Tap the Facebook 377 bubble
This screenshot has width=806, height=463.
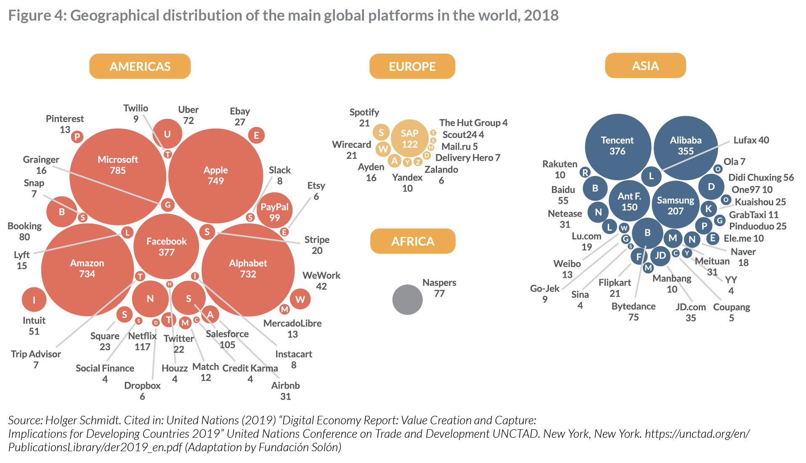pyautogui.click(x=166, y=247)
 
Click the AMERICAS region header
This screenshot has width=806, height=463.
pyautogui.click(x=140, y=67)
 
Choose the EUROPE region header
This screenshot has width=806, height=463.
pyautogui.click(x=412, y=67)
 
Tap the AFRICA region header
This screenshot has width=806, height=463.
pyautogui.click(x=413, y=241)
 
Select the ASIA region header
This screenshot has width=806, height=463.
pyautogui.click(x=645, y=66)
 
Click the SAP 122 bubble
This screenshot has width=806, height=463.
pyautogui.click(x=409, y=139)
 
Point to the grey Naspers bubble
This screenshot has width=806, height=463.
pyautogui.click(x=407, y=300)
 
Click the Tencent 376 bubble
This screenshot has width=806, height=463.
pyautogui.click(x=618, y=146)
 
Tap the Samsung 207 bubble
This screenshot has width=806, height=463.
pyautogui.click(x=676, y=205)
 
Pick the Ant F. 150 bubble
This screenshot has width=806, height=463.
pyautogui.click(x=629, y=202)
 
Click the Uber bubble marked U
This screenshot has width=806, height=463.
pyautogui.click(x=167, y=134)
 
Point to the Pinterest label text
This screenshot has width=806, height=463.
pyautogui.click(x=65, y=119)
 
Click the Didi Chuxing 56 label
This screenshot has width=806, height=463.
pyautogui.click(x=761, y=178)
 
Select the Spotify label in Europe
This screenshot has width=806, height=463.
pyautogui.click(x=364, y=112)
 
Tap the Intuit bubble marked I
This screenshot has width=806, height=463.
pyautogui.click(x=34, y=300)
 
